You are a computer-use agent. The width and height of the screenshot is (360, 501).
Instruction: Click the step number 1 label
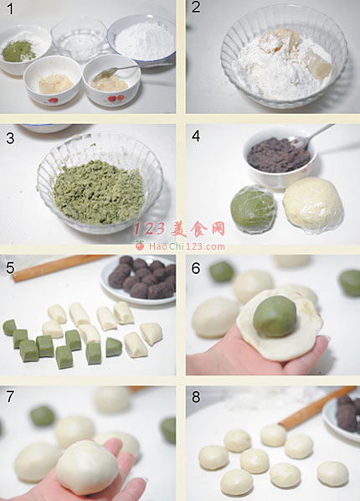[10, 8]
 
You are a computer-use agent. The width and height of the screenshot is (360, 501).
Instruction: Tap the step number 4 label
[196, 136]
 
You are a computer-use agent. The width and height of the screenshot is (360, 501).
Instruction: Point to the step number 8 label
[196, 397]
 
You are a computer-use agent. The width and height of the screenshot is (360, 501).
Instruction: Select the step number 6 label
[196, 268]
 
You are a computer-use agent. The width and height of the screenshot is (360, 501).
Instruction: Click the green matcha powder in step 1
[18, 53]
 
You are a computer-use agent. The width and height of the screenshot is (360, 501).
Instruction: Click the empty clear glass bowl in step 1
[78, 39]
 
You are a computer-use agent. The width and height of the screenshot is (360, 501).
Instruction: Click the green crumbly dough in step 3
[98, 193]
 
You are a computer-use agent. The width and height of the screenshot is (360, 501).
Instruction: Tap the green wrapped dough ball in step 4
[253, 204]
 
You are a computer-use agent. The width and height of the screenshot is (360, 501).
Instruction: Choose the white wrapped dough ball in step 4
[313, 204]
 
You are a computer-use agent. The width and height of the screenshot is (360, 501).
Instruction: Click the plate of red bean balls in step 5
[139, 280]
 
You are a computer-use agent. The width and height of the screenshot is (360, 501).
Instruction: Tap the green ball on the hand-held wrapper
[275, 316]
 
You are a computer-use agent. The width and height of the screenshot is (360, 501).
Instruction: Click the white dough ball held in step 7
[87, 467]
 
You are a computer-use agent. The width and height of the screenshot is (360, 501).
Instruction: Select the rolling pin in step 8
[318, 407]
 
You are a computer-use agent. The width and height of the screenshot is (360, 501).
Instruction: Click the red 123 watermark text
[149, 229]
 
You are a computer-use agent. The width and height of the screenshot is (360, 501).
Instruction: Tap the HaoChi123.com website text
[187, 246]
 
